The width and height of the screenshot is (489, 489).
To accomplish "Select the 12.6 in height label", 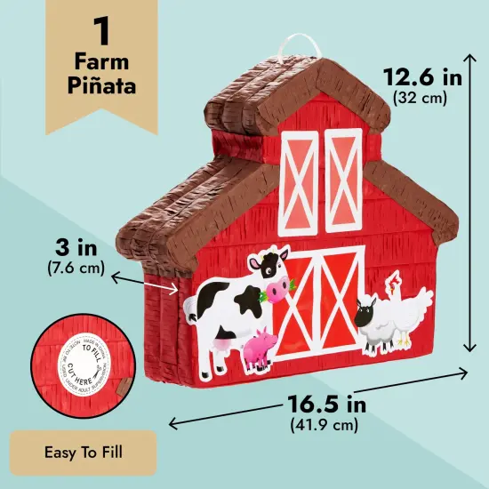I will tap(423, 78).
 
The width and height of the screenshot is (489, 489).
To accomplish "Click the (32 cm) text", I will tap(423, 99).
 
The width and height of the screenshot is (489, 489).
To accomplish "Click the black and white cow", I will tap(233, 307).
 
